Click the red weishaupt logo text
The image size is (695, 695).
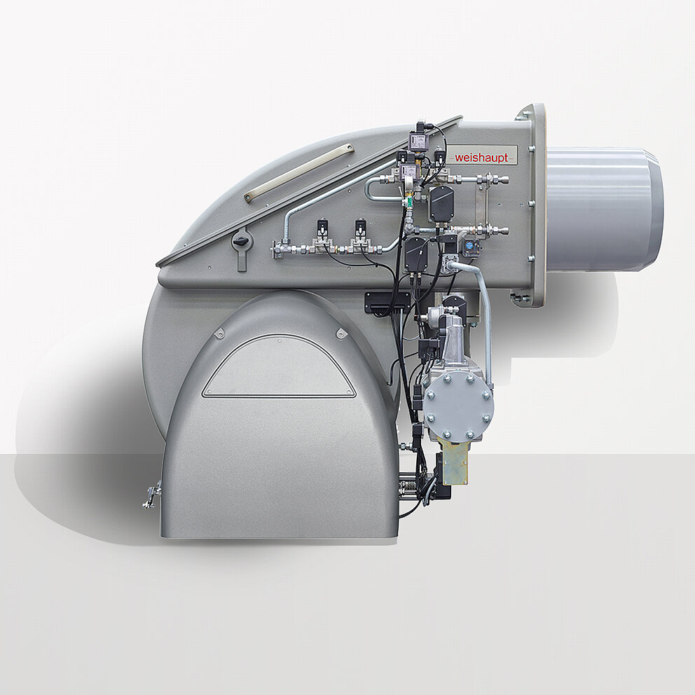tap(481, 158)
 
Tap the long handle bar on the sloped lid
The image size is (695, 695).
tap(298, 173)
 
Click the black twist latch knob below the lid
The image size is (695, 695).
tap(241, 241)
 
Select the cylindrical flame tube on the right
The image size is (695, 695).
tap(605, 209)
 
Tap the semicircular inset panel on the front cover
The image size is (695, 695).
tap(279, 367)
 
